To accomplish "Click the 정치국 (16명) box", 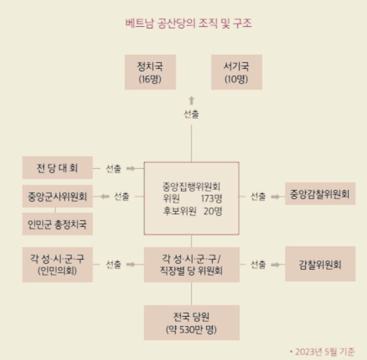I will [x=149, y=72].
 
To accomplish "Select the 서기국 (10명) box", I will [x=236, y=72].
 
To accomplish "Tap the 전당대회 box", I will [x=57, y=168].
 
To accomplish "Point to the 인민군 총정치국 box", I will [x=57, y=224].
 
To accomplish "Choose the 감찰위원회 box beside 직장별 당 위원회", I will [x=320, y=264].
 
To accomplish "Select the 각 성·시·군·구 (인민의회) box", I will [x=57, y=264].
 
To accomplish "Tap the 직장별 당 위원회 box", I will [x=191, y=264].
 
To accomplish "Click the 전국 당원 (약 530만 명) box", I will [x=191, y=322].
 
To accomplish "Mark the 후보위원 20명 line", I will [x=191, y=211].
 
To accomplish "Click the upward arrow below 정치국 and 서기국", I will [x=191, y=100].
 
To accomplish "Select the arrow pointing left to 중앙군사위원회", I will [x=104, y=196].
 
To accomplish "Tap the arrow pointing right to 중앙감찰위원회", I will [x=275, y=196].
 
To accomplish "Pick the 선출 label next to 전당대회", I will [x=113, y=168].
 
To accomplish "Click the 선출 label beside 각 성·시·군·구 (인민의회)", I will [x=113, y=264].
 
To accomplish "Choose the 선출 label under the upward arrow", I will [x=191, y=114].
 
